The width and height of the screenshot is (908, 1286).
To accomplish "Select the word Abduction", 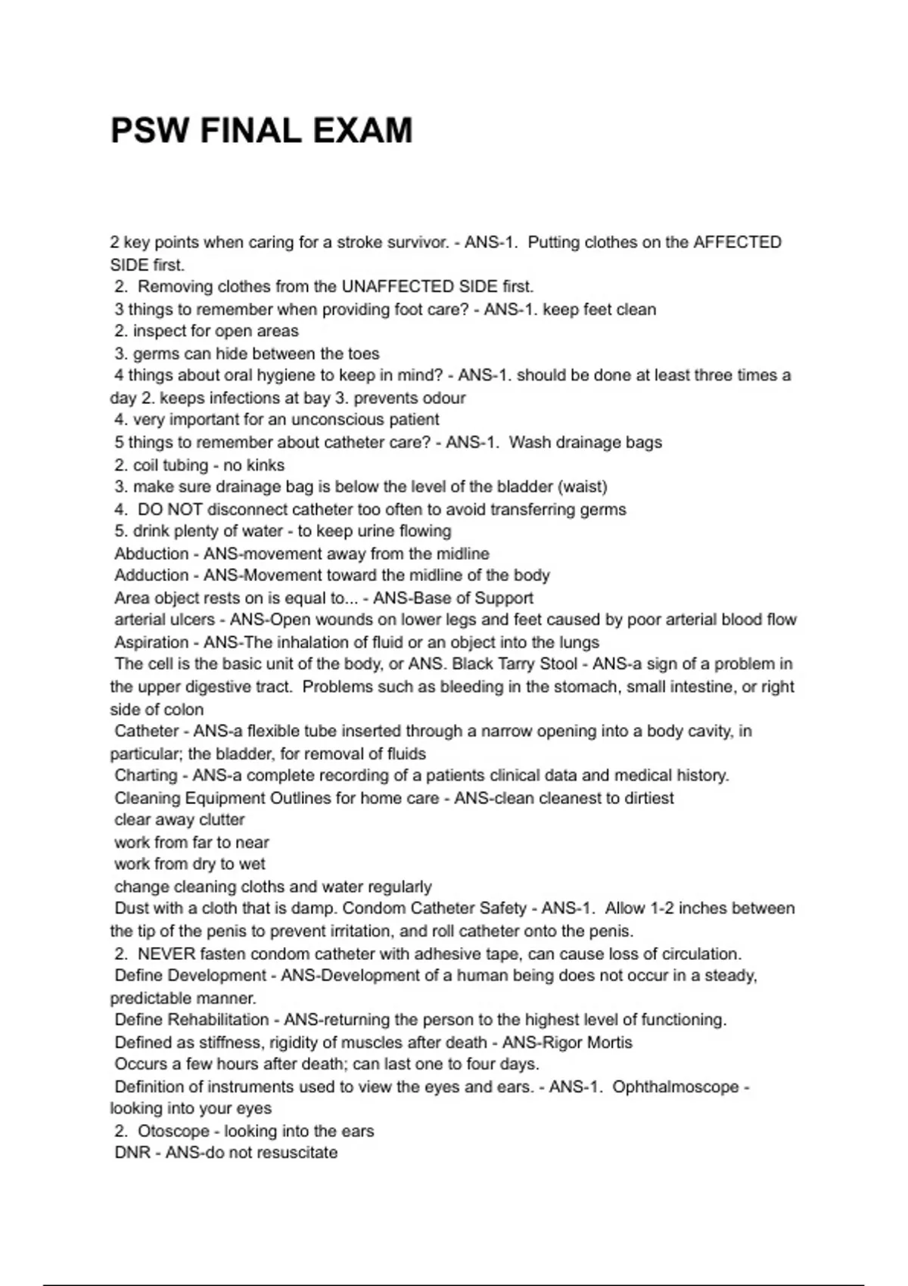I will point(151,554).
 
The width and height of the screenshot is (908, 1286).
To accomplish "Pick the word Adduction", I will point(151,576).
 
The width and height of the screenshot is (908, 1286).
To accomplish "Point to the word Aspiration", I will point(151,642).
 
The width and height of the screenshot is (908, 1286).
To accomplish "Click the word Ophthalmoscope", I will point(675,1087).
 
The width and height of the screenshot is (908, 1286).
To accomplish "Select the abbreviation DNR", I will point(133,1153).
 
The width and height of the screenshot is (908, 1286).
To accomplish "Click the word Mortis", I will point(607,1042).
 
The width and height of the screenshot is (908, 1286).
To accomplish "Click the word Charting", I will point(146,775).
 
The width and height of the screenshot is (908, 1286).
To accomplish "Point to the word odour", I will point(440,398).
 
